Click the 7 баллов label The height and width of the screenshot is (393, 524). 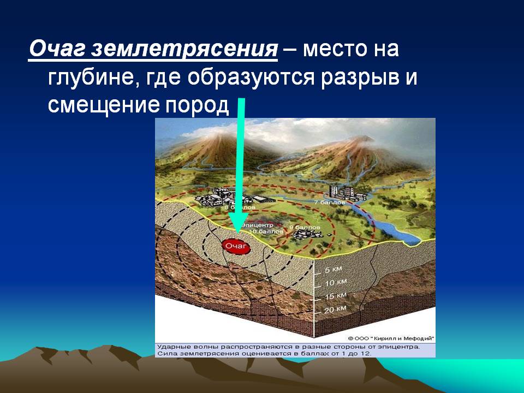[330, 202]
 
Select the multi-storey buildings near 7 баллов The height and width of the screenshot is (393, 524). [341, 192]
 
